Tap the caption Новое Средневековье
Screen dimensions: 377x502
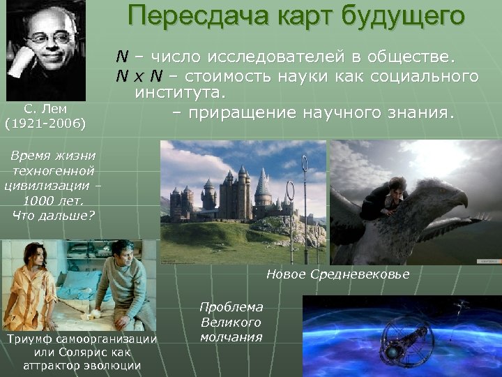[337, 274]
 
